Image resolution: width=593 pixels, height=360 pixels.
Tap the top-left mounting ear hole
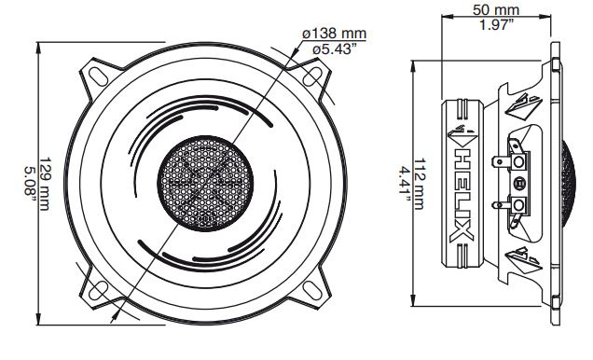point(96,72)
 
